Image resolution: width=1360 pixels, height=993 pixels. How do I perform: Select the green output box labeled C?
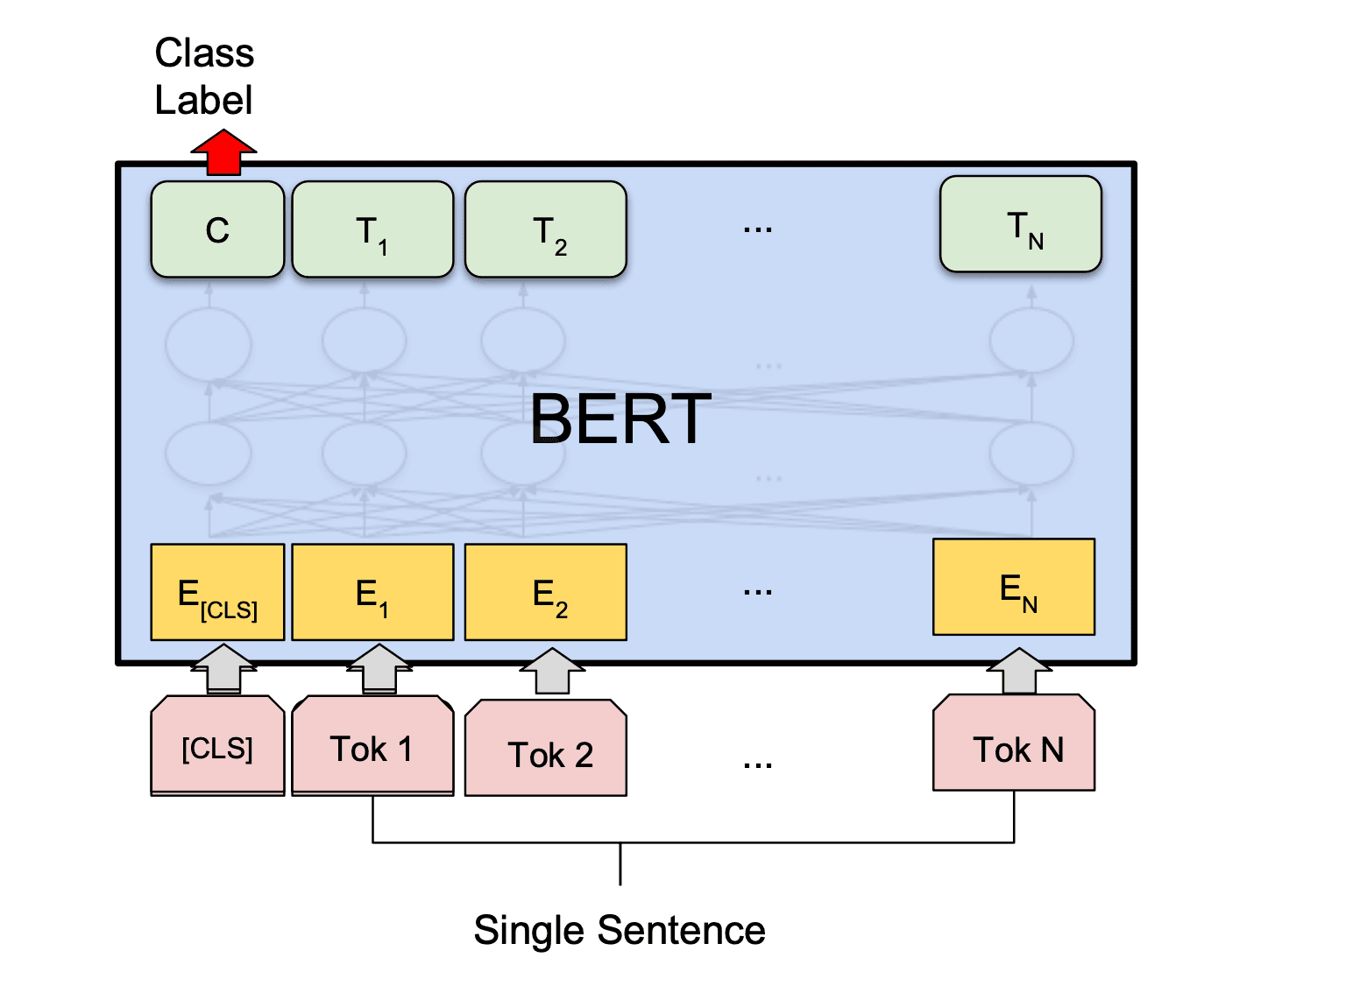tap(217, 229)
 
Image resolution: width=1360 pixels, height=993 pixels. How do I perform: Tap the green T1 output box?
tap(372, 229)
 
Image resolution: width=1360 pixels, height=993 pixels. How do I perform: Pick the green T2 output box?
tap(545, 229)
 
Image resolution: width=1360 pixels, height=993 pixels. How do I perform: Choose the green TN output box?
tap(1020, 224)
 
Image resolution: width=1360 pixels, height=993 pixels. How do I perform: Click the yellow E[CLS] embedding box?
tap(217, 592)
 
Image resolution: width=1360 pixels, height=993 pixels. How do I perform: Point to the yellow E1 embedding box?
tap(372, 592)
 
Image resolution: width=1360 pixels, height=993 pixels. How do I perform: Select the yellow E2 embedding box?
tap(545, 592)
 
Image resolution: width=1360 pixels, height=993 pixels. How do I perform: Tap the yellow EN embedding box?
tap(1014, 587)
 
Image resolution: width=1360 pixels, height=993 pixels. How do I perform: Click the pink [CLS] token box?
tap(217, 746)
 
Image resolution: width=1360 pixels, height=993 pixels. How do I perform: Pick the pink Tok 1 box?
tap(372, 746)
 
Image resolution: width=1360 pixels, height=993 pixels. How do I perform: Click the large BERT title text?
tap(620, 419)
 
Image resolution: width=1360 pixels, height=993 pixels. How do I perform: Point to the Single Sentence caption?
tap(619, 930)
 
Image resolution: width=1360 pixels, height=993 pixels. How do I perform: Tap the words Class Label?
tap(204, 77)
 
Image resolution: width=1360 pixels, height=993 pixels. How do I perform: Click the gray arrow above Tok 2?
tap(552, 672)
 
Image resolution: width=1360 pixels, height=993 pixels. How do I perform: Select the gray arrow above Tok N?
tap(1019, 672)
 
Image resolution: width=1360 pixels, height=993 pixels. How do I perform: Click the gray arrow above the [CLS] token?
tap(223, 670)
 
